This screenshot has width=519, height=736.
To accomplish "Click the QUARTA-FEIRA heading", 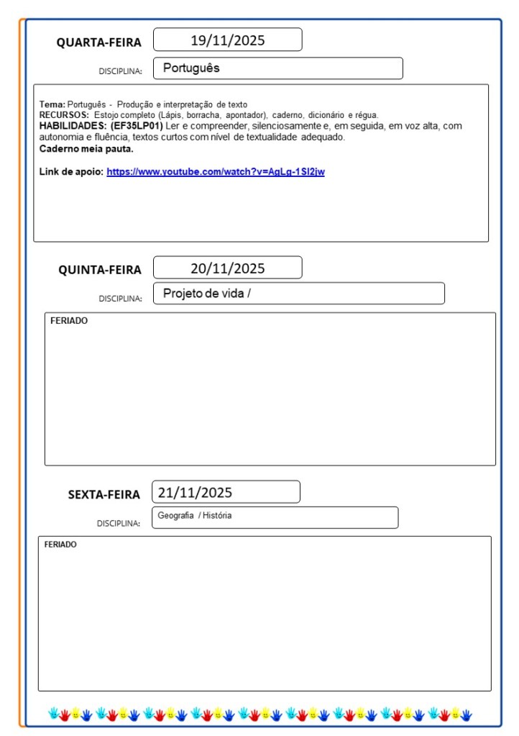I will (x=99, y=42).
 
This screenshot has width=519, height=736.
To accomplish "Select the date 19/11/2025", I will (x=227, y=40).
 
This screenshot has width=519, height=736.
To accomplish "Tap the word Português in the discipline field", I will (x=191, y=68).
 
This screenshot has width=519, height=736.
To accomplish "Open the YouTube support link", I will (x=216, y=172).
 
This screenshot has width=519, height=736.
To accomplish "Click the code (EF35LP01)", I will (x=137, y=125).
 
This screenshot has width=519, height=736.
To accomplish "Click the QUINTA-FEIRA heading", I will (x=100, y=270).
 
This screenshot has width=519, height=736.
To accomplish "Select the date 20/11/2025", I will (x=227, y=268).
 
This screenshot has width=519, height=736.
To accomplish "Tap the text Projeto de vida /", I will (x=206, y=294).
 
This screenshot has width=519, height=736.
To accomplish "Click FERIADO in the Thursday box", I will (x=69, y=321).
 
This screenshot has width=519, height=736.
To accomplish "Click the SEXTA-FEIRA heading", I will (x=104, y=494).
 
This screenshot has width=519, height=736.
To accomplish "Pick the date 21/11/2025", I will (x=195, y=493).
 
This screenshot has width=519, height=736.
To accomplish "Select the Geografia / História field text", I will (x=194, y=516).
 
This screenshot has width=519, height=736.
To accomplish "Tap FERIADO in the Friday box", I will (x=60, y=545).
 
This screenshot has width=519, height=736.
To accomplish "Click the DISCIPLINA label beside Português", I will (x=120, y=71).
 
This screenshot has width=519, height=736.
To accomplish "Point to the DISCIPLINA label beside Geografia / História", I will (x=119, y=524).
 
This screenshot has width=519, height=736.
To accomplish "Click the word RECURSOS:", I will (x=64, y=115).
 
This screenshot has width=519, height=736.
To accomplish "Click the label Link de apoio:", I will (x=71, y=172).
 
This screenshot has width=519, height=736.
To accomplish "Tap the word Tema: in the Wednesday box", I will (x=52, y=105).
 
